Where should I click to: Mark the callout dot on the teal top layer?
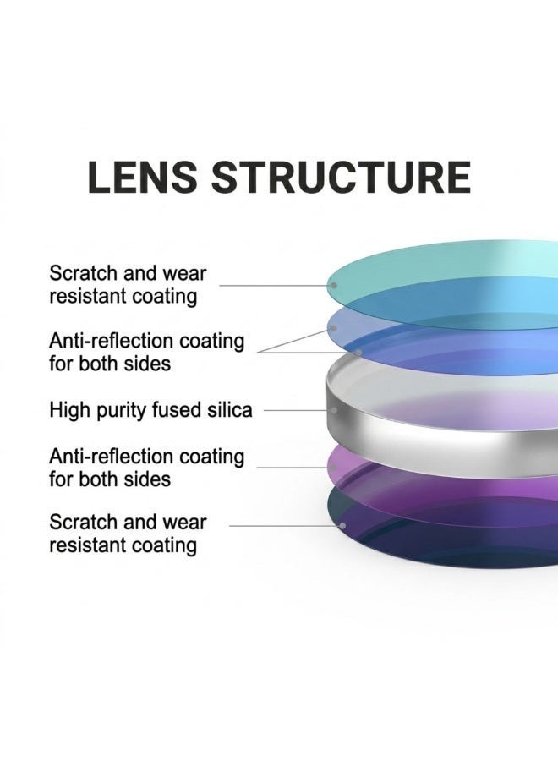[333, 286]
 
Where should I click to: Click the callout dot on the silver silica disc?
[334, 410]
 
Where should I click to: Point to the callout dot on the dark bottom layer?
[342, 526]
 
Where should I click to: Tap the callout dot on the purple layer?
[334, 468]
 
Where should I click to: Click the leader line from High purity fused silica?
[297, 410]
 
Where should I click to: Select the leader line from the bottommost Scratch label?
[284, 526]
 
